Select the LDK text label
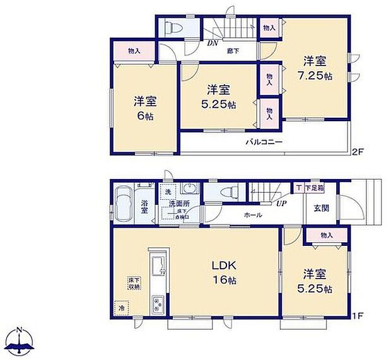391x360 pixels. click(x=224, y=265)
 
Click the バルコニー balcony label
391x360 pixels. click(x=264, y=142)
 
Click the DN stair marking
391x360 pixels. click(x=212, y=44)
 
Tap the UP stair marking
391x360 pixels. click(x=281, y=204)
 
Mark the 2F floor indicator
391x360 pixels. click(x=358, y=151)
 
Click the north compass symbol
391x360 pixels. click(x=20, y=341)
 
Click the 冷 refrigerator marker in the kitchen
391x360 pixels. click(x=122, y=308)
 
